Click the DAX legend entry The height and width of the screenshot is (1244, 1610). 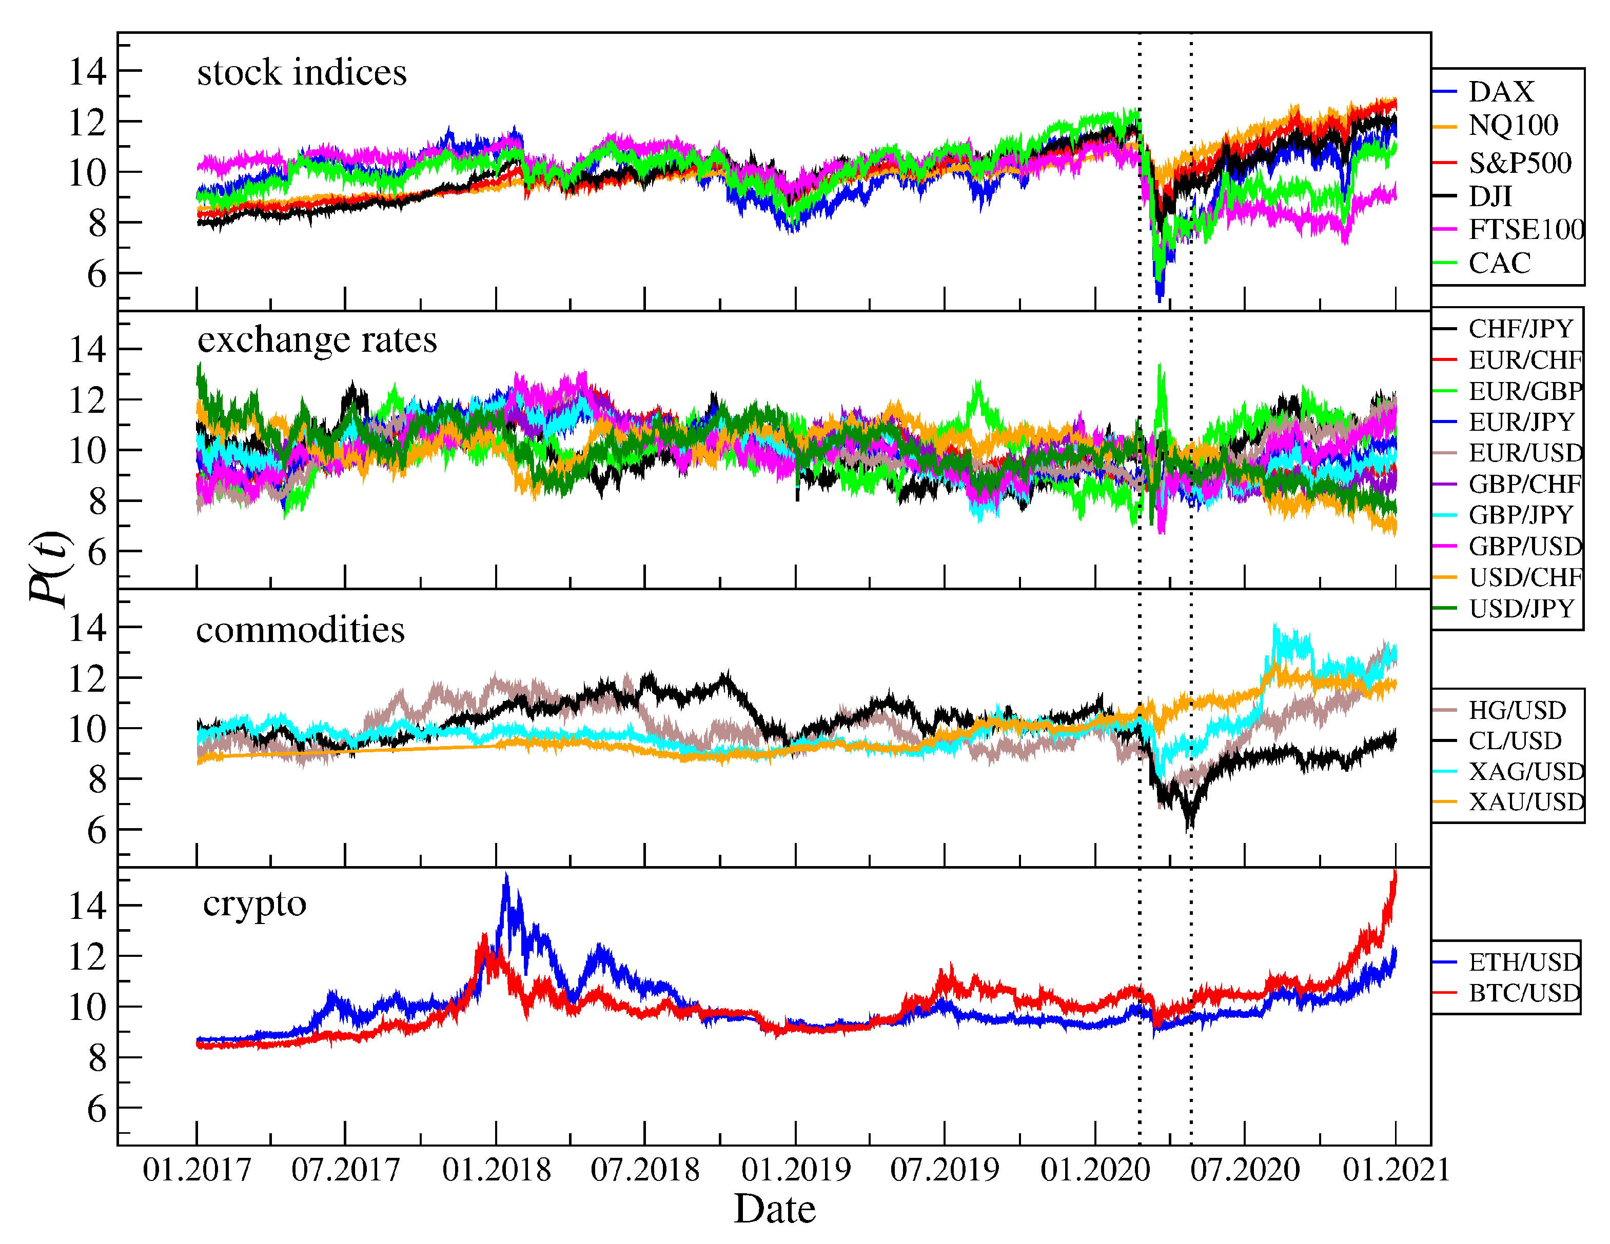(x=1500, y=92)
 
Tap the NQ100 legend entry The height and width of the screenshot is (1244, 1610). (x=1513, y=126)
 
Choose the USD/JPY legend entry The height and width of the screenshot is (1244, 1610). (x=1521, y=609)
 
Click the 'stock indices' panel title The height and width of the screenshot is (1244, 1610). (x=302, y=73)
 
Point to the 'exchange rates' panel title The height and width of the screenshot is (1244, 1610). (x=317, y=340)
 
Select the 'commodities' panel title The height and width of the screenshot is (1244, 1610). (x=300, y=631)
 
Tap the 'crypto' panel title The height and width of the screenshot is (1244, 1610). (x=254, y=904)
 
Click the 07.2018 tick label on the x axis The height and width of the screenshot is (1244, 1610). (x=645, y=1170)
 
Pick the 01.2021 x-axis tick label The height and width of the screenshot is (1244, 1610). (x=1396, y=1170)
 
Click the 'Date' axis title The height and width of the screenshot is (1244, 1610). (x=775, y=1210)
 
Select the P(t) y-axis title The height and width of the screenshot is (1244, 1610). (x=50, y=568)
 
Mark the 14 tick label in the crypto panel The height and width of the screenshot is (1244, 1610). (x=88, y=906)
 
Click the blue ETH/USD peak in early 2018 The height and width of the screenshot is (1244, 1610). (x=506, y=878)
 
